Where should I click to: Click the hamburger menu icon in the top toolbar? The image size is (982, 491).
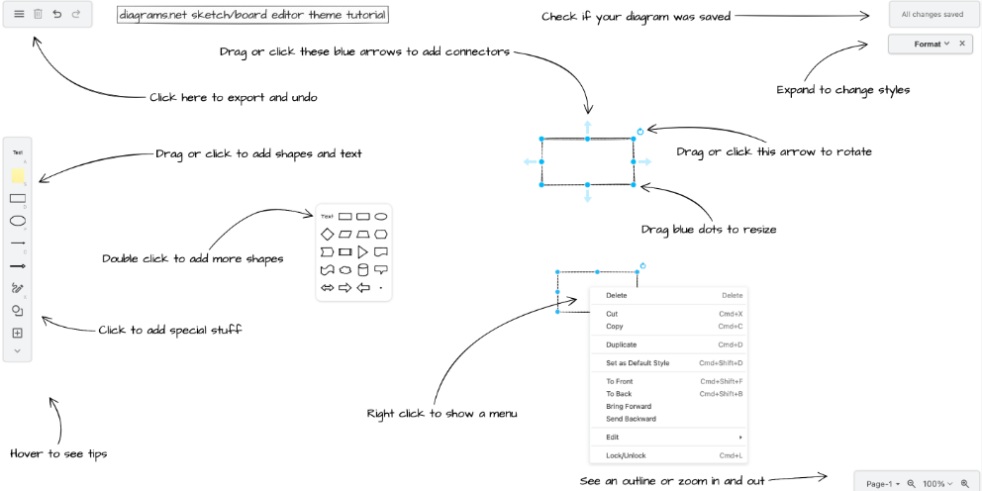coord(19,15)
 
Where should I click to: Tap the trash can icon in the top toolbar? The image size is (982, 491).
coord(38,15)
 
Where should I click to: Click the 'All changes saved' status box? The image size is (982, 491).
coord(932,15)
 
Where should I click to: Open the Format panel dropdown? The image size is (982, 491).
coord(932,45)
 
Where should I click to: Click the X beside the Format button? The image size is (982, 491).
coord(962,45)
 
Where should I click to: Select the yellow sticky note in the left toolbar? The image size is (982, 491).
coord(18,175)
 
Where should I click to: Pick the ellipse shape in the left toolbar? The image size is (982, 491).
coord(18,221)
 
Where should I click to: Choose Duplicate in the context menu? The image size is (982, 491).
coord(622,344)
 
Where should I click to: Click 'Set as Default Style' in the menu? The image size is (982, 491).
coord(638,363)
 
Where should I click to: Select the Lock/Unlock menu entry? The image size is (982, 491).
coord(625,455)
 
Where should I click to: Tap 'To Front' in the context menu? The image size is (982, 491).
coord(619,381)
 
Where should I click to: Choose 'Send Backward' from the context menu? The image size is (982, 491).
coord(631,419)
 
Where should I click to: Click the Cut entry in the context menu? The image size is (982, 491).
coord(612,314)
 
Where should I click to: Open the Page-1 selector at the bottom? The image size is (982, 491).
coord(882,484)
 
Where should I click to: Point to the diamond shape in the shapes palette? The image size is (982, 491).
coord(327,235)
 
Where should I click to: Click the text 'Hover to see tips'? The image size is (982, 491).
coord(58,453)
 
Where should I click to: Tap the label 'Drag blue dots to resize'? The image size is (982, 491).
coord(708,230)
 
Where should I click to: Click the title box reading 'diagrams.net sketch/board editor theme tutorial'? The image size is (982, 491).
coord(252,16)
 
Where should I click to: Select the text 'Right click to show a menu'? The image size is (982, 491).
coord(442,413)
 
